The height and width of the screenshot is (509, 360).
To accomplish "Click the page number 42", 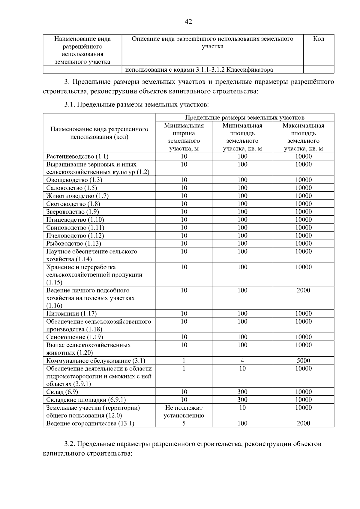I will pyautogui.click(x=188, y=22).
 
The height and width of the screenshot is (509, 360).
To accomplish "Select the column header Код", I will pyautogui.click(x=318, y=39).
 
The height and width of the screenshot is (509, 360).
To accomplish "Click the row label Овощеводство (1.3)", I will pyautogui.click(x=74, y=180).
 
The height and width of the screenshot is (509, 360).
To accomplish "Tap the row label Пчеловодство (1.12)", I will pyautogui.click(x=75, y=236).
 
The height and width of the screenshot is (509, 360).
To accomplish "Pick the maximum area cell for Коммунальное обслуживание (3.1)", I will pyautogui.click(x=303, y=361).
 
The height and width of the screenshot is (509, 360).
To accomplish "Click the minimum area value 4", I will pyautogui.click(x=242, y=361).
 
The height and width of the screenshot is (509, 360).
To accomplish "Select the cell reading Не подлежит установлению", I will pyautogui.click(x=184, y=412).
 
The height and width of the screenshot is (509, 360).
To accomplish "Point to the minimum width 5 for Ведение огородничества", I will pyautogui.click(x=184, y=424).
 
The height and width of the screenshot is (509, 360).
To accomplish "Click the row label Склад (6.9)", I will pyautogui.click(x=62, y=392).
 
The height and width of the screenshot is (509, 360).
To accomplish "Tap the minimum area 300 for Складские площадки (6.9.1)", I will pyautogui.click(x=242, y=400).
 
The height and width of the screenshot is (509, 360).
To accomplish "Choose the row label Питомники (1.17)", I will pyautogui.click(x=71, y=314).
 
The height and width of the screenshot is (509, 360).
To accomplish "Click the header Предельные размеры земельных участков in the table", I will pyautogui.click(x=244, y=118).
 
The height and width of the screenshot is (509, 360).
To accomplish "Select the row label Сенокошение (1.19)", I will pyautogui.click(x=74, y=337).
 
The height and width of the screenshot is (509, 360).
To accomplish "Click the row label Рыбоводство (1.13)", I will pyautogui.click(x=73, y=244).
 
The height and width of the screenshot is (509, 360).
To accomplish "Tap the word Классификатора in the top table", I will pyautogui.click(x=250, y=70).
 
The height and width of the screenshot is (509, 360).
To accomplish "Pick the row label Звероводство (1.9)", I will pyautogui.click(x=73, y=212).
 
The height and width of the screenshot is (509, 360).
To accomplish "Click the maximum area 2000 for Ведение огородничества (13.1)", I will pyautogui.click(x=303, y=424).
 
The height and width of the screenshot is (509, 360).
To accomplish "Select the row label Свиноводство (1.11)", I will pyautogui.click(x=75, y=228).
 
